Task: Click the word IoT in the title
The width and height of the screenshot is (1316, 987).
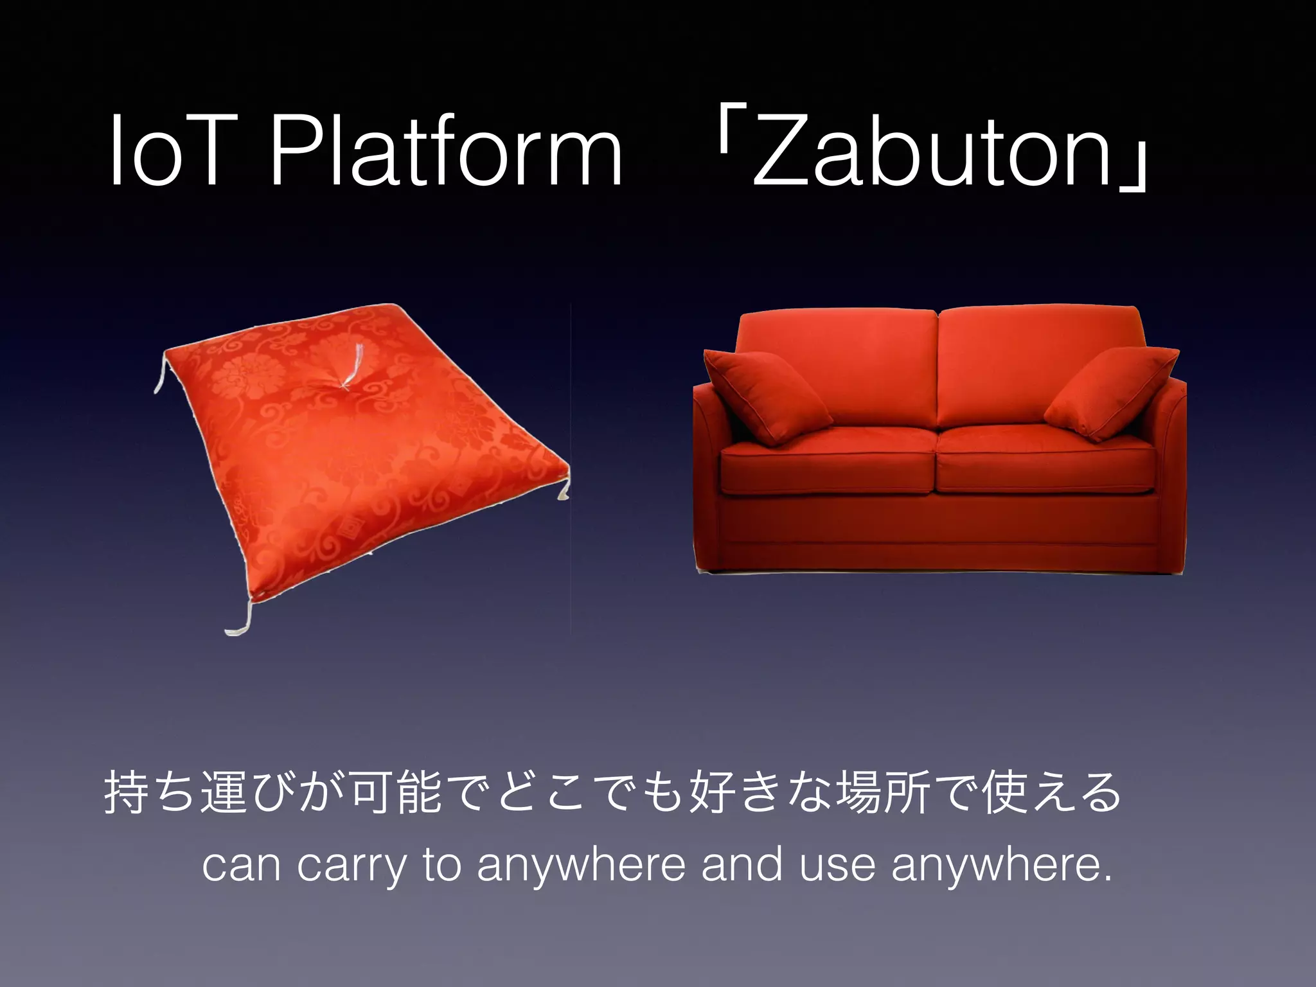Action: pyautogui.click(x=168, y=152)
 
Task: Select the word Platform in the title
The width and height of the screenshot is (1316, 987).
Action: pyautogui.click(x=445, y=152)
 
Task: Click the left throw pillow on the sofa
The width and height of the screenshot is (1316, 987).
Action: pyautogui.click(x=765, y=395)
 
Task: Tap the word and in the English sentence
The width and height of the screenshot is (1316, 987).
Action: pyautogui.click(x=742, y=866)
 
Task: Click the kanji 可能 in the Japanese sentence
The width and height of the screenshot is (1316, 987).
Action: pyautogui.click(x=396, y=792)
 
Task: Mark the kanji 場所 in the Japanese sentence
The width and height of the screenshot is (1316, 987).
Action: pyautogui.click(x=884, y=792)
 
